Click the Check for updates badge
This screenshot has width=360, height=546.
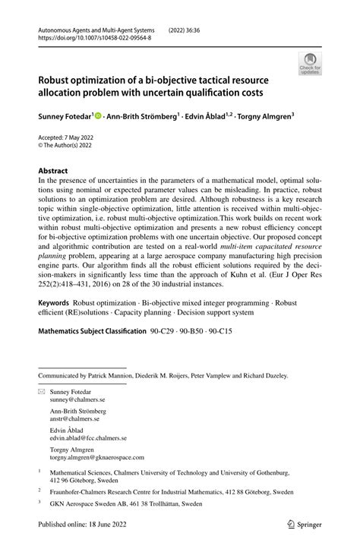(x=310, y=63)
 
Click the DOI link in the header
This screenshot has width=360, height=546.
(x=87, y=36)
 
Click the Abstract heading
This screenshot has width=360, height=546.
(x=53, y=171)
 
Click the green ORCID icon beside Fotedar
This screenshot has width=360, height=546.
(x=97, y=116)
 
